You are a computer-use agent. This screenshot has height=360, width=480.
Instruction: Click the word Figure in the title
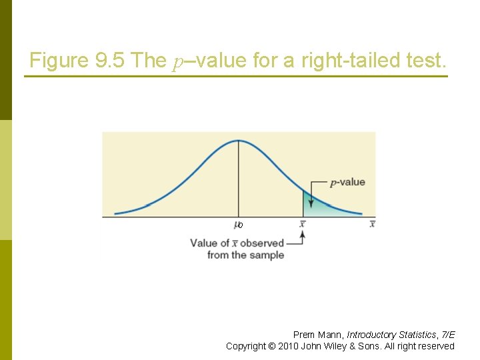point(58,61)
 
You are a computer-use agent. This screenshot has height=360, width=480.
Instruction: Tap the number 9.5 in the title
point(111,61)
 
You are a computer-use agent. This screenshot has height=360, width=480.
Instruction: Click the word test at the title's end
point(425,61)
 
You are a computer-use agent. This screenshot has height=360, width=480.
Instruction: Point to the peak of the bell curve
point(239,141)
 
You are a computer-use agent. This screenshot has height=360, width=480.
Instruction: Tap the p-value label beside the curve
point(348,182)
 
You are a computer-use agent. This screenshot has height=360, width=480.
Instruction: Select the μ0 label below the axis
point(238,225)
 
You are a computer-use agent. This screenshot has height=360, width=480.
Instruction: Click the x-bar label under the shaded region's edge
point(303,224)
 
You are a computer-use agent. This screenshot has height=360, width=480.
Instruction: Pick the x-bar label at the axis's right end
point(372,224)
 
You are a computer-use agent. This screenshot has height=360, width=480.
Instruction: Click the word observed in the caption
point(262,243)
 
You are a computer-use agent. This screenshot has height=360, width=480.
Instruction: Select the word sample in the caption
point(267,255)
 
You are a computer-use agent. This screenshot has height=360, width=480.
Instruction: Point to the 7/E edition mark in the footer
point(448,335)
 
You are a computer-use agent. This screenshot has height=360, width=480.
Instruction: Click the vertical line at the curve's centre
point(239,180)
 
